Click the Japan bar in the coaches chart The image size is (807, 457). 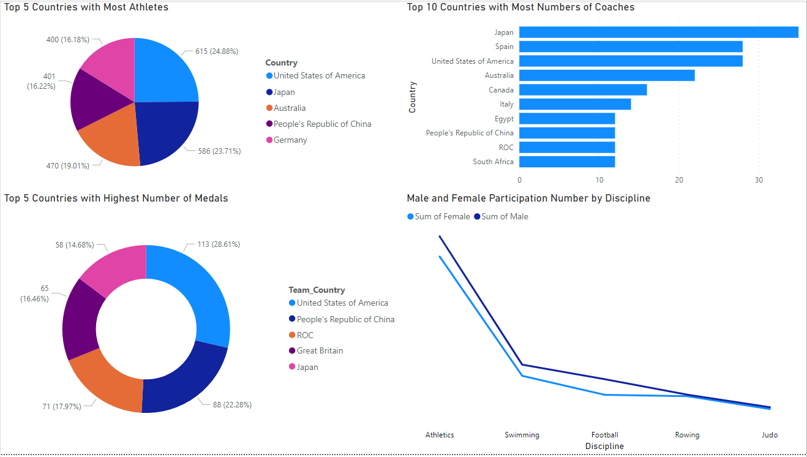[x=658, y=32]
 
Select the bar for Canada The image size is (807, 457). [x=583, y=90]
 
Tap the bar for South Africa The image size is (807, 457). [x=567, y=162]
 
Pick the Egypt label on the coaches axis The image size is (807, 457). [x=504, y=119]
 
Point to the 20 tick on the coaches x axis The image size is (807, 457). [x=679, y=179]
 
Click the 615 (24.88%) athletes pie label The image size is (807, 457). [x=217, y=51]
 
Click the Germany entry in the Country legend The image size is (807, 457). [x=290, y=140]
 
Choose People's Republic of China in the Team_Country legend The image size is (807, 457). [x=345, y=319]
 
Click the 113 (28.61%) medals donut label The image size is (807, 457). [x=218, y=244]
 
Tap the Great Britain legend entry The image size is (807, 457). [x=320, y=351]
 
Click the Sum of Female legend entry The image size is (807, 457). [x=442, y=216]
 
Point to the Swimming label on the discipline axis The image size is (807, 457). [x=522, y=435]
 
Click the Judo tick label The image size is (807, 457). [x=769, y=435]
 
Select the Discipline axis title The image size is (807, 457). [x=604, y=446]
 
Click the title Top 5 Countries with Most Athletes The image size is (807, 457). [x=86, y=7]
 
